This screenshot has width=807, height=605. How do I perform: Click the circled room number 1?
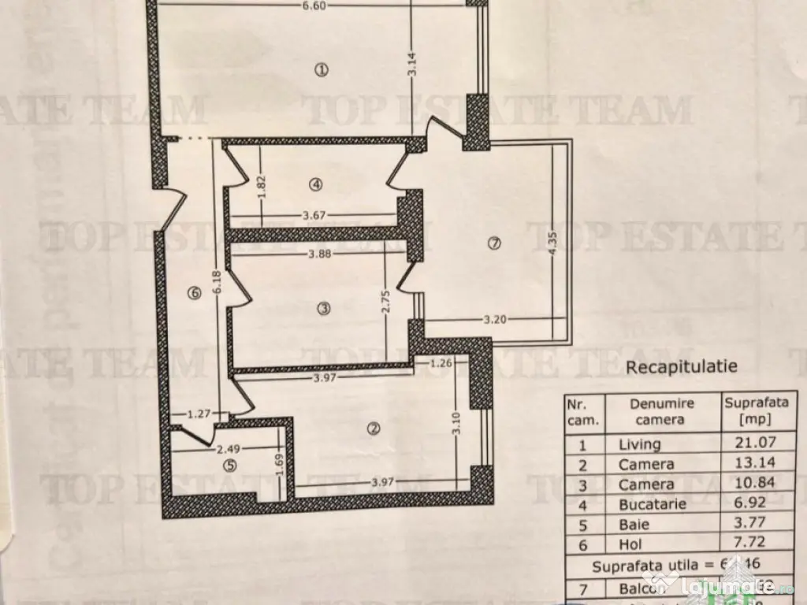point(321,70)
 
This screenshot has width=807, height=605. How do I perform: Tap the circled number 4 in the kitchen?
point(316,185)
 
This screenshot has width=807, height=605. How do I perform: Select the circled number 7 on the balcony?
point(494,243)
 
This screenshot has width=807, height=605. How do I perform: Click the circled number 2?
point(374,429)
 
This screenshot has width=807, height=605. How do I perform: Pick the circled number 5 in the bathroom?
point(229,466)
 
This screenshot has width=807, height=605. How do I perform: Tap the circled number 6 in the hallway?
point(194,294)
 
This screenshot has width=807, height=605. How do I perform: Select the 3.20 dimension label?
point(493,320)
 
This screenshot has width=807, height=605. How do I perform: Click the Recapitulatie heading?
point(682,366)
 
